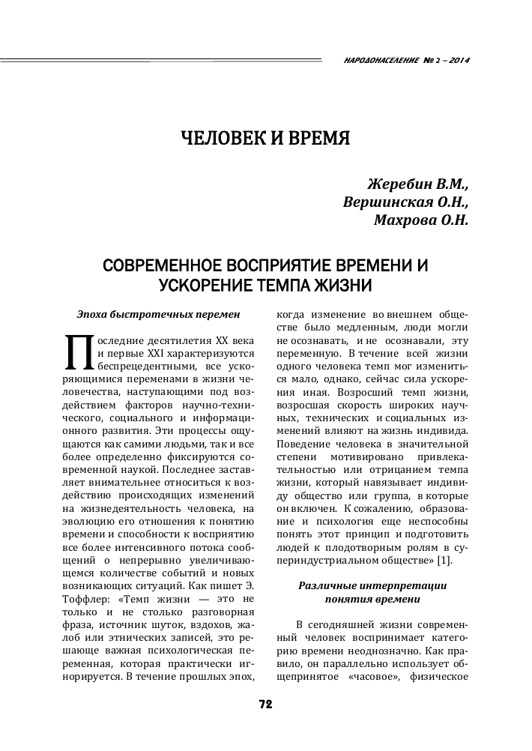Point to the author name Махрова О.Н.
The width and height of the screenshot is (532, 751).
pyautogui.click(x=421, y=220)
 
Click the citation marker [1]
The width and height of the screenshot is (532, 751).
pyautogui.click(x=444, y=561)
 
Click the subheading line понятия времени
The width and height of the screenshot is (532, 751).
pyautogui.click(x=372, y=600)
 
